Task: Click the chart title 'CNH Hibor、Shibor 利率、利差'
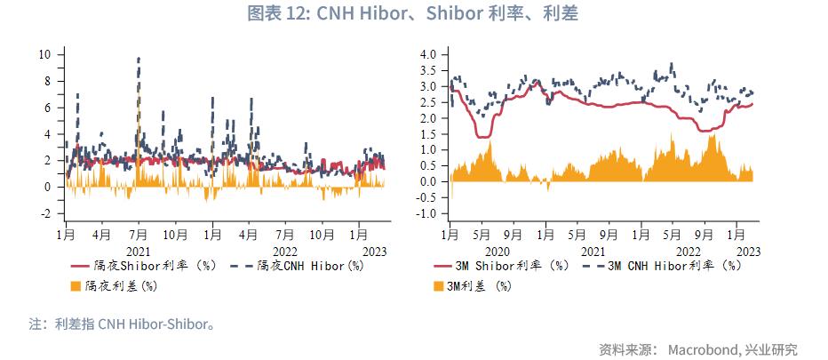coord(414,13)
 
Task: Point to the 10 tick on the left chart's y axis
coord(44,54)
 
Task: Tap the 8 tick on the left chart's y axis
coord(46,81)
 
